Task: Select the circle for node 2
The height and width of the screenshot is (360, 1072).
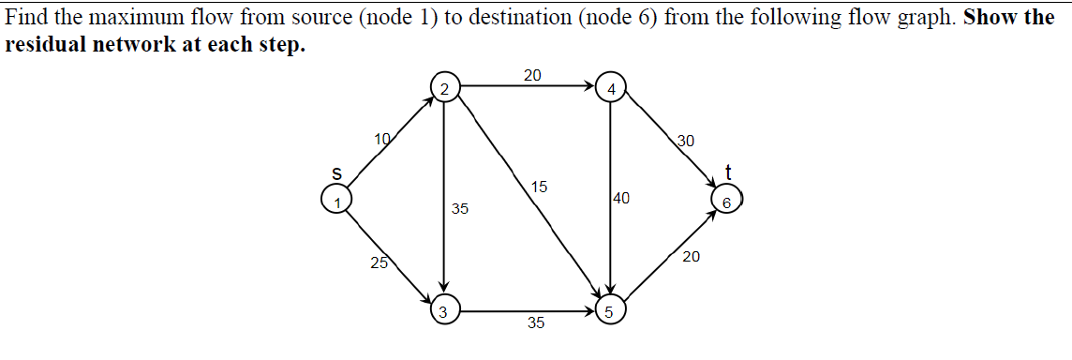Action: pos(445,88)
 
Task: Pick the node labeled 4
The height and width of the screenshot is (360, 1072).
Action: pos(611,88)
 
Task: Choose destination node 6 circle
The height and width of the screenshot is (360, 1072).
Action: pos(725,199)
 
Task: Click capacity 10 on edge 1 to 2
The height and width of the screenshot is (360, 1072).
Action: pos(382,140)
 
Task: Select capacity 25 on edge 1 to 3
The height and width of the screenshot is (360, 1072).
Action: pos(378,262)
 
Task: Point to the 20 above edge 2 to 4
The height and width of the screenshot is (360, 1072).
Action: pos(531,75)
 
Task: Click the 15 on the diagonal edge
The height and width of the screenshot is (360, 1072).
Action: pos(539,186)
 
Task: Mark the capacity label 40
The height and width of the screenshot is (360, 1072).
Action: pos(622,199)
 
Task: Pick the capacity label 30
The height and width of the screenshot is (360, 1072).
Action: pos(685,142)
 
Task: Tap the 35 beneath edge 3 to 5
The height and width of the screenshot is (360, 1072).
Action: pos(535,323)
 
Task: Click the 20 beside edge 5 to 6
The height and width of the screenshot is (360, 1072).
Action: pos(691,256)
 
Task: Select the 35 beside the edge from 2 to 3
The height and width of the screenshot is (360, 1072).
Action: pos(460,208)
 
